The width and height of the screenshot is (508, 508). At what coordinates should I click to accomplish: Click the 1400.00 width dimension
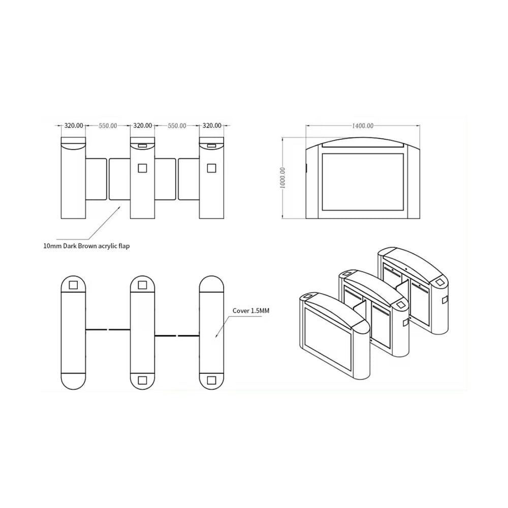(363, 125)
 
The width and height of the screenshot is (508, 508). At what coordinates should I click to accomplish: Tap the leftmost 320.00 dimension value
(74, 125)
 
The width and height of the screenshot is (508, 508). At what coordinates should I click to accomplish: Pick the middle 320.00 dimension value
(143, 125)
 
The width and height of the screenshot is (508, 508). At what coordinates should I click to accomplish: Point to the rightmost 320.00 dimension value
(212, 125)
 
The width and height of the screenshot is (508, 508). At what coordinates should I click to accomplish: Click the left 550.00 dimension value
(108, 125)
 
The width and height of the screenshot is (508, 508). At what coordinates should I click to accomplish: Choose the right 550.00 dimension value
(177, 125)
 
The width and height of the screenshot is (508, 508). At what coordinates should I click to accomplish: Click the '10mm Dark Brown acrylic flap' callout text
(86, 246)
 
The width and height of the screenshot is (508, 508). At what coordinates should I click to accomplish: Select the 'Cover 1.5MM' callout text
(251, 311)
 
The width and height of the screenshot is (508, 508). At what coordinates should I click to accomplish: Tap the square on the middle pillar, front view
(143, 168)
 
